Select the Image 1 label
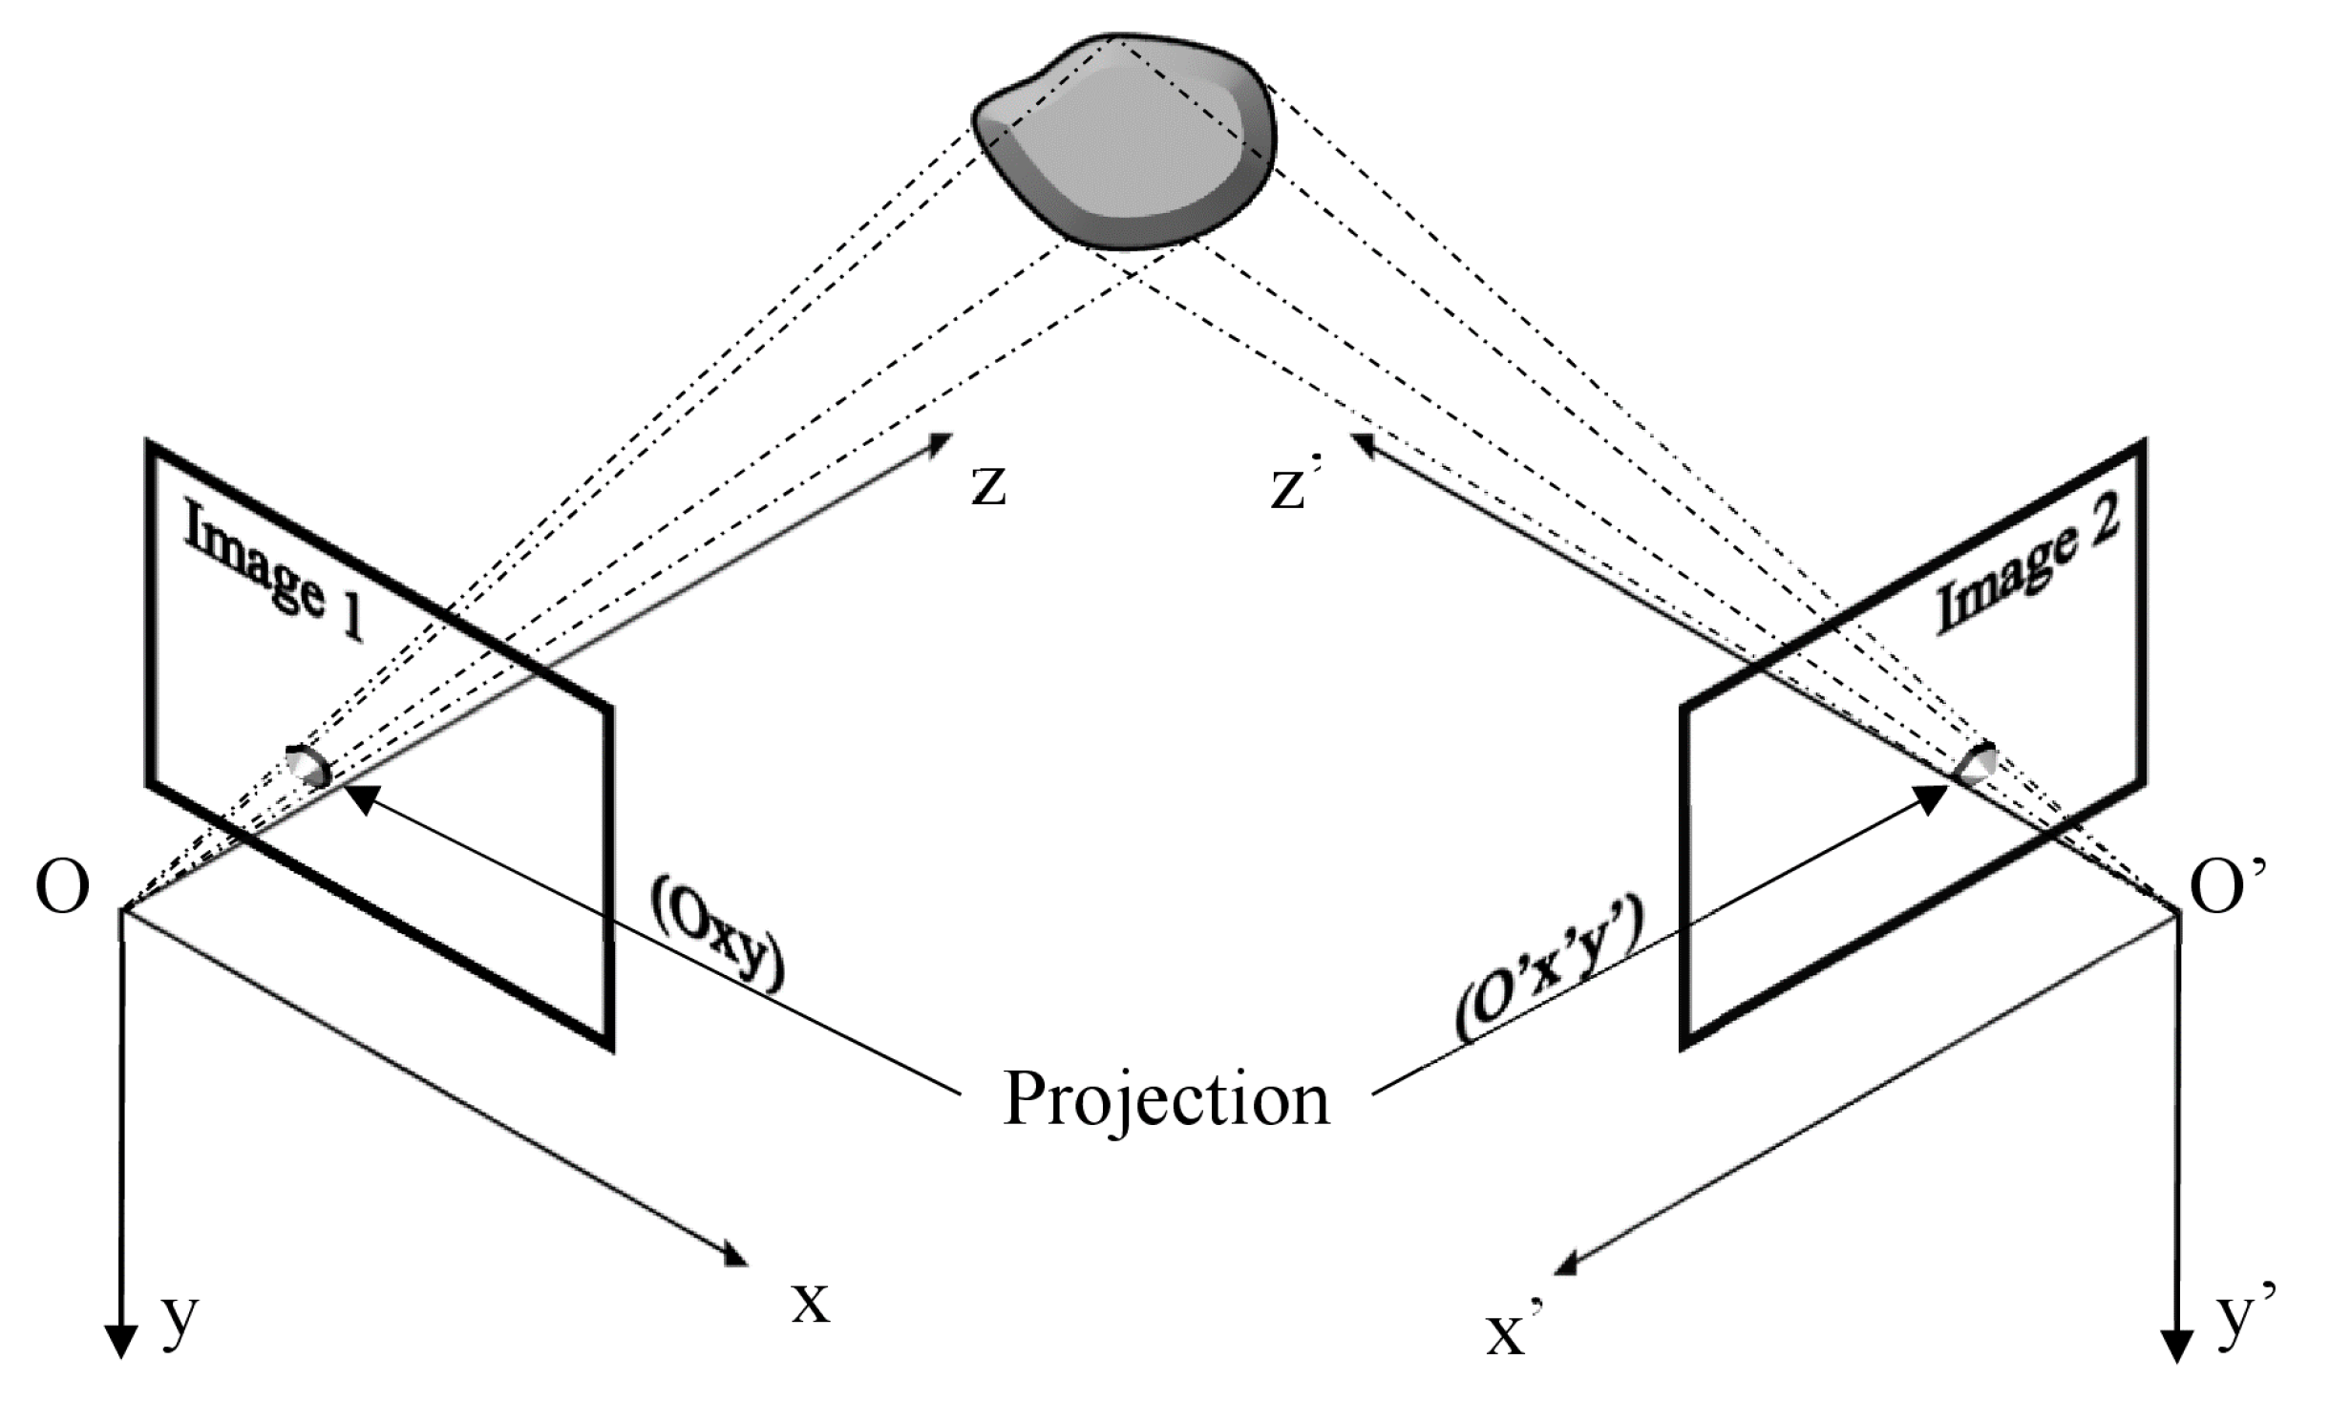(x=273, y=572)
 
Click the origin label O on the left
(x=63, y=889)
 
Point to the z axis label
(x=988, y=487)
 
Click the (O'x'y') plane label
(x=1547, y=974)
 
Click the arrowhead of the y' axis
(x=2178, y=1347)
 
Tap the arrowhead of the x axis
(x=735, y=1255)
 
